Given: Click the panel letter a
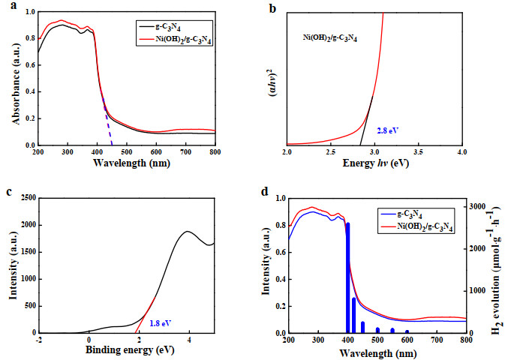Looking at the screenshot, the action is tap(14, 6).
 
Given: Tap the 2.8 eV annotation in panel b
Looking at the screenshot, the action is tap(387, 130).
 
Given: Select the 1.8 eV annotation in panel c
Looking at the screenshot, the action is tap(161, 323).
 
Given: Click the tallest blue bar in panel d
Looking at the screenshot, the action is tap(348, 277).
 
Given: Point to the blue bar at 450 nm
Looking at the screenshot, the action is tap(362, 327).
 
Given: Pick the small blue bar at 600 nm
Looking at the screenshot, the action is tap(407, 331).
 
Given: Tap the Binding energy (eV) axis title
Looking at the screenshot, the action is tap(130, 349).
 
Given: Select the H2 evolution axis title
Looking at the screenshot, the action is tap(497, 270).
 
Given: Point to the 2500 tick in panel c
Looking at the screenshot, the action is tap(29, 198).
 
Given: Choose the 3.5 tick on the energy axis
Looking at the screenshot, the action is tap(418, 152).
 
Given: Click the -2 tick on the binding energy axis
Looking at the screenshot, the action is tap(39, 340).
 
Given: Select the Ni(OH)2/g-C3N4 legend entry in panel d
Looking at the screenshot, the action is tap(416, 226).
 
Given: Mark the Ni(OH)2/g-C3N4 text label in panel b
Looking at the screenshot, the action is tap(329, 37).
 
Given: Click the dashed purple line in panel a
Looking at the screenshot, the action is tap(107, 121).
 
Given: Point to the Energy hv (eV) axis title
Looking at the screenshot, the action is tap(376, 163).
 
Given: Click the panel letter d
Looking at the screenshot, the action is tap(265, 192).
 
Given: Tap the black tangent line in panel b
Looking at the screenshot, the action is tap(366, 120).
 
